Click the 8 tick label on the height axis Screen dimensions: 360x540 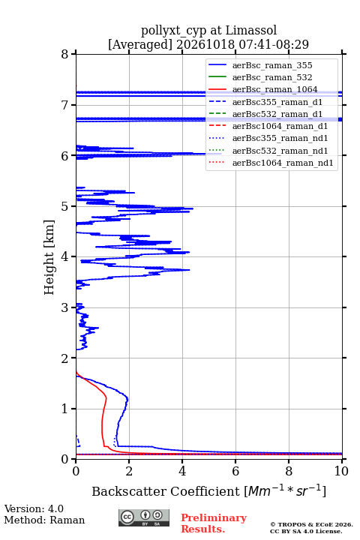point(65,55)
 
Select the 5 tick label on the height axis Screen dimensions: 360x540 point(65,206)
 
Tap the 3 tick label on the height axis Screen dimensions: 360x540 point(65,307)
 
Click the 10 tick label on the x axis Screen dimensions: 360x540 point(341,471)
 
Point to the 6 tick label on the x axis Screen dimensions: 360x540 point(235,471)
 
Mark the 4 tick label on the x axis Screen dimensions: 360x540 point(182,471)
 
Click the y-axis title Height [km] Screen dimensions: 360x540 point(49,257)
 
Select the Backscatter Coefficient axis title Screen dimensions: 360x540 point(208,490)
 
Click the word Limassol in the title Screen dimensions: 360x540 point(250,30)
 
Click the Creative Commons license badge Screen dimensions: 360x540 point(144,517)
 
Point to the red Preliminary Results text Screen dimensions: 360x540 point(214,523)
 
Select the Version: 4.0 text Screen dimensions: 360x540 point(34,508)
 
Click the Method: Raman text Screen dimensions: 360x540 point(44,520)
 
